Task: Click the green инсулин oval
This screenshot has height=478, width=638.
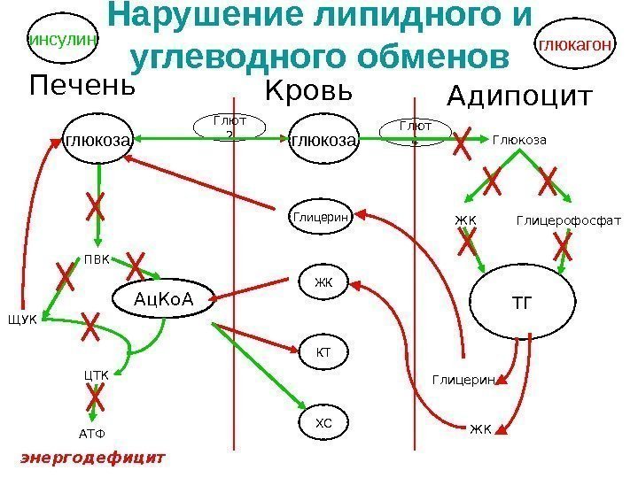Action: pos(64,39)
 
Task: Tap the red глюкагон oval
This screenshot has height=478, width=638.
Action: pos(576,42)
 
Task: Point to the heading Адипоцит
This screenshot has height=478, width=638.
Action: pos(519,96)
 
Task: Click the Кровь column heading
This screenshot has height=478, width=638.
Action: pos(309,91)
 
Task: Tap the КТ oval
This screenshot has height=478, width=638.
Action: pos(323,352)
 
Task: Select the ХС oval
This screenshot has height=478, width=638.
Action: pos(323,423)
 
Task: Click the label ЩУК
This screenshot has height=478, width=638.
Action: pos(23,320)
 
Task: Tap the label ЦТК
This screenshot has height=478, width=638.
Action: pos(96,375)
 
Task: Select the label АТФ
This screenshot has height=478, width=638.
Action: pos(86,434)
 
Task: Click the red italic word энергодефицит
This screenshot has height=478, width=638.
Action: pos(93,459)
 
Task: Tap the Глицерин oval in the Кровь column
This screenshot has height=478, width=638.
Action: pos(321,216)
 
